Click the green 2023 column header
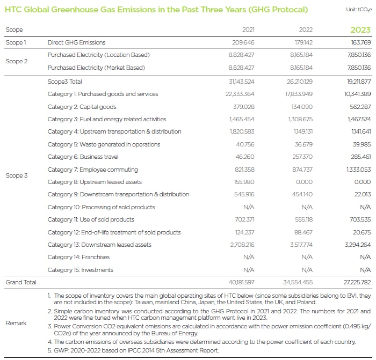pyautogui.click(x=360, y=30)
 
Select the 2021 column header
pyautogui.click(x=248, y=30)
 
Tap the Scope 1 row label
pyautogui.click(x=16, y=42)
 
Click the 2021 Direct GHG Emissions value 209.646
pyautogui.click(x=243, y=42)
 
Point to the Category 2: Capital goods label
pyautogui.click(x=82, y=107)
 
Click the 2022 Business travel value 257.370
pyautogui.click(x=302, y=157)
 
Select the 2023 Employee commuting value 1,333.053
pyautogui.click(x=358, y=170)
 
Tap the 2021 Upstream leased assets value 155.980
pyautogui.click(x=244, y=182)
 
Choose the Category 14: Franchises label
pyautogui.click(x=78, y=257)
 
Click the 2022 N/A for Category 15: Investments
pyautogui.click(x=307, y=270)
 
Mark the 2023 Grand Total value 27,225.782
pyautogui.click(x=357, y=282)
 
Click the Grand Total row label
pyautogui.click(x=21, y=282)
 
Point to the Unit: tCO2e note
pyautogui.click(x=359, y=10)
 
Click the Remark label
pyautogui.click(x=16, y=323)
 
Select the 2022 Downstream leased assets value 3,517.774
pyautogui.click(x=301, y=245)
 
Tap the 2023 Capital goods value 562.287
pyautogui.click(x=360, y=107)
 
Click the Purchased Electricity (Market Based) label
pyautogui.click(x=96, y=68)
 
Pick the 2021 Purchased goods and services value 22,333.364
pyautogui.click(x=240, y=94)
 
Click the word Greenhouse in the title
pyautogui.click(x=76, y=10)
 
